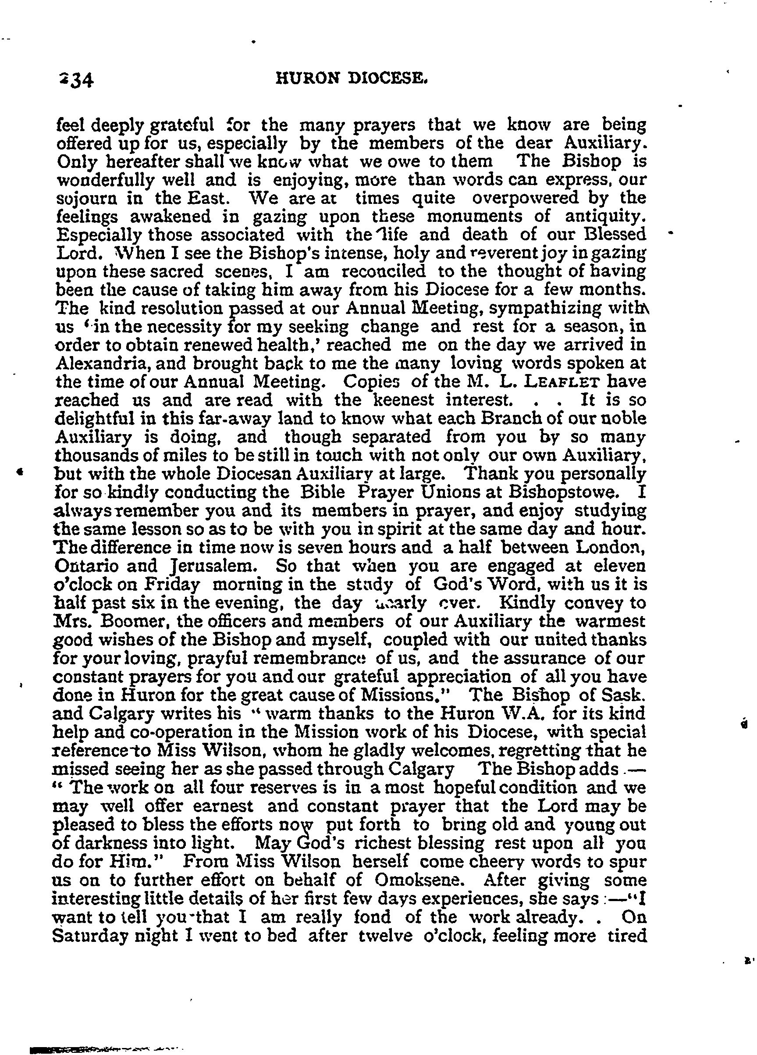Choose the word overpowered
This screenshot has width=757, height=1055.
[x=526, y=198]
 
